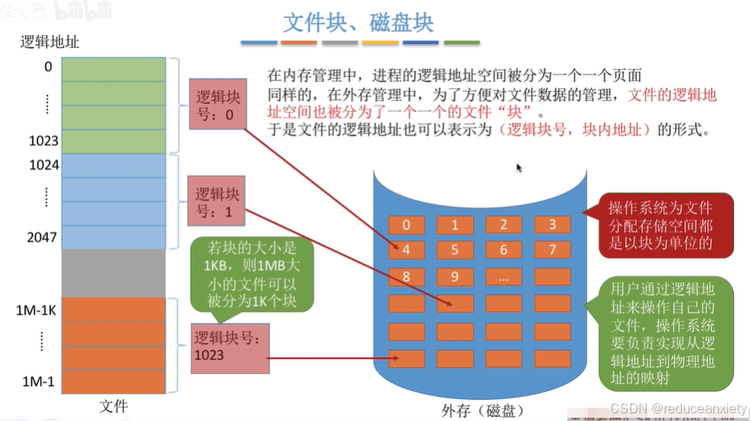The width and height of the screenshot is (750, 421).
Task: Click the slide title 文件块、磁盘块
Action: (359, 20)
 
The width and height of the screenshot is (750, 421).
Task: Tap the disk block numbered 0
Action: (407, 225)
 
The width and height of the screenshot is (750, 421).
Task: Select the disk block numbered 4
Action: (407, 250)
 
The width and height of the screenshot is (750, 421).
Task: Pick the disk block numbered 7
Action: (552, 250)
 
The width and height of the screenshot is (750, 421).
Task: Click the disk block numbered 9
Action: (455, 276)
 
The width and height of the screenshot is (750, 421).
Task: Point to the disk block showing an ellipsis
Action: (503, 276)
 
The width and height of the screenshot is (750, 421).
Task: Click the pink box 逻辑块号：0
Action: (217, 104)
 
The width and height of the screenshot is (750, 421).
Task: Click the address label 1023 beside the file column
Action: (43, 140)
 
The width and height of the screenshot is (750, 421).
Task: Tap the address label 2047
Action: (43, 237)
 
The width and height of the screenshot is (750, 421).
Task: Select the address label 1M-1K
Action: (35, 311)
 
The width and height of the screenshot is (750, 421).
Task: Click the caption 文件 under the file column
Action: (113, 406)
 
